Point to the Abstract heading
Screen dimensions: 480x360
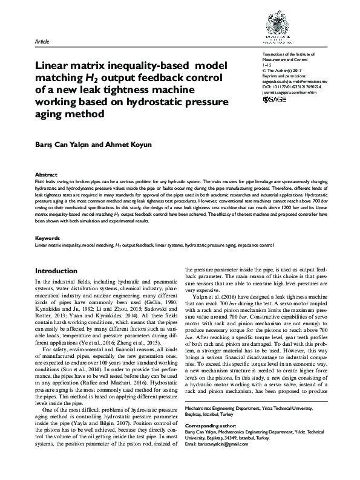point(46,174)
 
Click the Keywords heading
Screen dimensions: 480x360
point(48,221)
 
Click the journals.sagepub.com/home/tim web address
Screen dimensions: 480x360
point(290,92)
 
